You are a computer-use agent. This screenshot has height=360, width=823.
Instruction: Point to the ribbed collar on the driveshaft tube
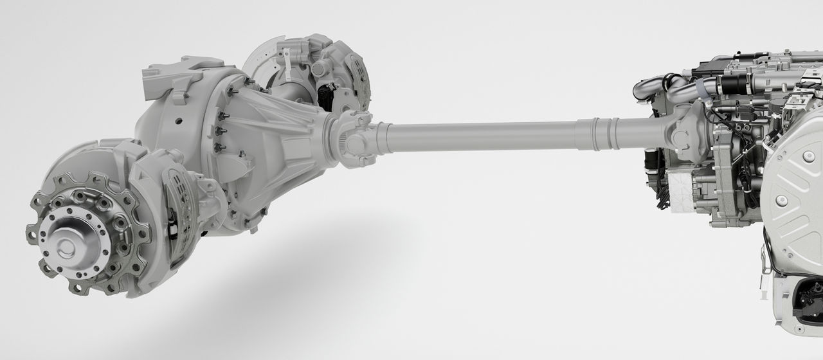[605, 133]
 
